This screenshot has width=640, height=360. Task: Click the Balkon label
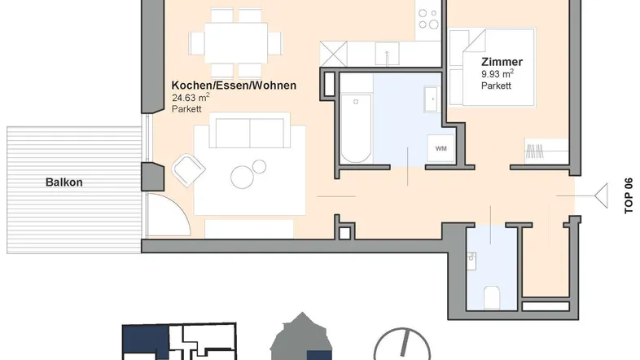pyautogui.click(x=64, y=182)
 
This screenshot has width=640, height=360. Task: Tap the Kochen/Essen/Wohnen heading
pyautogui.click(x=234, y=86)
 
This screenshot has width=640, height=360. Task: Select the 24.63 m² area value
pyautogui.click(x=191, y=98)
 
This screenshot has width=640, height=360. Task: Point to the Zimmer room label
pyautogui.click(x=502, y=62)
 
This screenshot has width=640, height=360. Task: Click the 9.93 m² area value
pyautogui.click(x=498, y=74)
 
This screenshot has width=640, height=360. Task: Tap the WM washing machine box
pyautogui.click(x=441, y=148)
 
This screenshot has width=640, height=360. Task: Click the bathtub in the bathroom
pyautogui.click(x=356, y=128)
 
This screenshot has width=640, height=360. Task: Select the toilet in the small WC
pyautogui.click(x=492, y=297)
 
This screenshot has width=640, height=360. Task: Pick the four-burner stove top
pyautogui.click(x=428, y=20)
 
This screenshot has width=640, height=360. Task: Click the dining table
pyautogui.click(x=236, y=43)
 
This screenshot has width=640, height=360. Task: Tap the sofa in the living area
pyautogui.click(x=249, y=130)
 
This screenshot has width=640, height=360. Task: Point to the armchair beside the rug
pyautogui.click(x=188, y=169)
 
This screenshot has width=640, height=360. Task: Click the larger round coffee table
pyautogui.click(x=242, y=177)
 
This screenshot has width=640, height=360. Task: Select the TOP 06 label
pyautogui.click(x=629, y=195)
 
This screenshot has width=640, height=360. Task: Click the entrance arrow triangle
pyautogui.click(x=601, y=196)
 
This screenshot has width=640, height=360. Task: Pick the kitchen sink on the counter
pyautogui.click(x=387, y=54)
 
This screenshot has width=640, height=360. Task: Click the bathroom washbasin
pyautogui.click(x=432, y=99)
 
